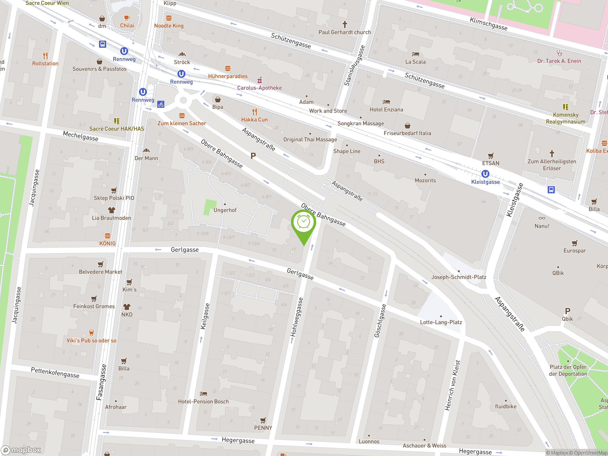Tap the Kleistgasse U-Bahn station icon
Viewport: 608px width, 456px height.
coord(485,174)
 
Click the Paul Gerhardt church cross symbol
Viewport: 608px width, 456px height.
coord(345,24)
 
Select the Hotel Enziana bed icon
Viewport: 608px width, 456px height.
coord(386,102)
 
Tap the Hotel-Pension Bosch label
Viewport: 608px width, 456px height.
coord(203,402)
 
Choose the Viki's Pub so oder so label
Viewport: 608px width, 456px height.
coord(91,341)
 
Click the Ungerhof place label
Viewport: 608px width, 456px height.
coord(225,210)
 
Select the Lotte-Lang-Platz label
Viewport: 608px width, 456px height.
coord(441,322)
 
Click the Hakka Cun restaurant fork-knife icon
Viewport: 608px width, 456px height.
coord(255,112)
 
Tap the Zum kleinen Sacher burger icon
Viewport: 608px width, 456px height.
coord(182,115)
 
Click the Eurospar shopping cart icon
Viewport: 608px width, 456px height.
coord(575,243)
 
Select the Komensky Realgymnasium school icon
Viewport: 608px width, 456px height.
coord(565,107)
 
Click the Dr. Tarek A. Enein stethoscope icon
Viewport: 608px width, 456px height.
coord(559,53)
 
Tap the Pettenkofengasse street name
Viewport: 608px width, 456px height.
coord(55,372)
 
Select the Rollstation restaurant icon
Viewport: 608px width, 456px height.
coord(45,56)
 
